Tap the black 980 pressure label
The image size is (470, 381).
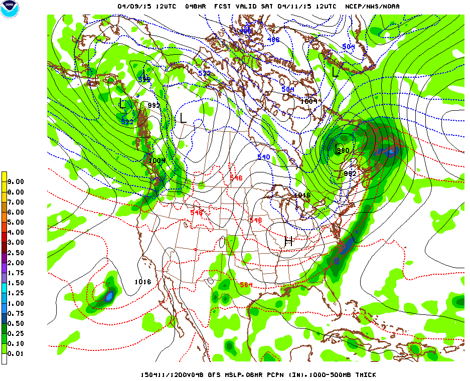click(343, 150)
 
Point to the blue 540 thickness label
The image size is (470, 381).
click(264, 157)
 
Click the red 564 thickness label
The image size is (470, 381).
click(246, 285)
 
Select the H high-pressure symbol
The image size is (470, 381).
click(288, 241)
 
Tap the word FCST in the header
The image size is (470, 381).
click(222, 7)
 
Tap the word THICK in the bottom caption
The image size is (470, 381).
click(365, 375)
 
